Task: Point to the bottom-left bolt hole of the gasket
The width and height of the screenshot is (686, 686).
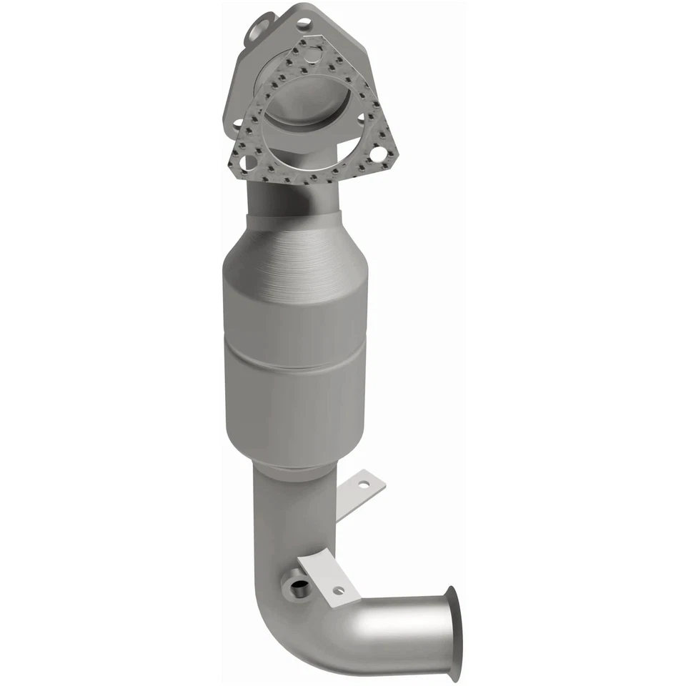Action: tap(247, 164)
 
